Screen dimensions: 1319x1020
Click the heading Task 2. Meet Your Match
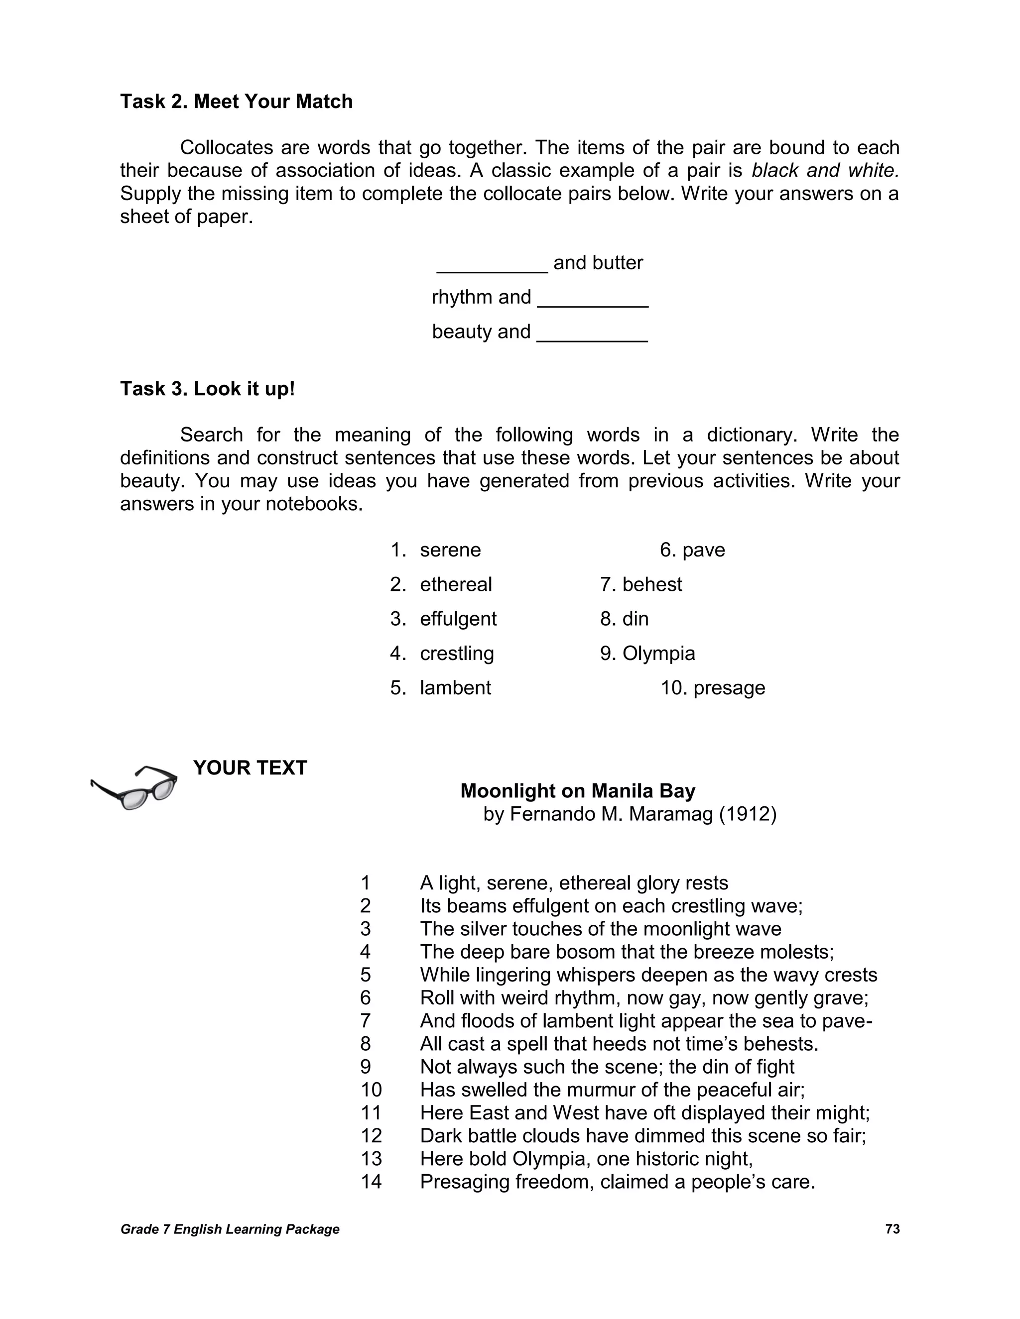236,102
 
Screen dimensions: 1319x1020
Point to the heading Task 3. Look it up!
207,388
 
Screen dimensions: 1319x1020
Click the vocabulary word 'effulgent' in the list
458,619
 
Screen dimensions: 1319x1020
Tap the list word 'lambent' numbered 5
455,688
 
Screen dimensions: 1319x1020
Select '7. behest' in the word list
640,585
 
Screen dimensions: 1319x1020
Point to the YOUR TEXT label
250,768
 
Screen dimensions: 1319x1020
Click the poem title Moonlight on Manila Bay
578,791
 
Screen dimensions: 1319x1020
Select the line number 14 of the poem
371,1182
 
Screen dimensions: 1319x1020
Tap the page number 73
892,1229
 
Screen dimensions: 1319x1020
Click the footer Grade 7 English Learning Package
230,1229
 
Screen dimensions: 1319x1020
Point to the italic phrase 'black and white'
825,171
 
